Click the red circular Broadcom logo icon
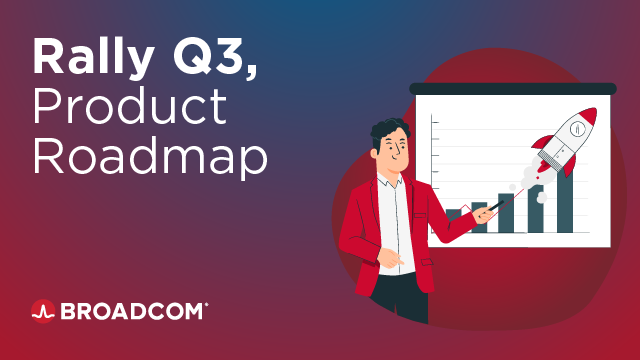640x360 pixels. click(42, 311)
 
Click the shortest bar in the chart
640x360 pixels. click(453, 215)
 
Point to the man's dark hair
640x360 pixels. click(385, 130)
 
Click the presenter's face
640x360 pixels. click(392, 153)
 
